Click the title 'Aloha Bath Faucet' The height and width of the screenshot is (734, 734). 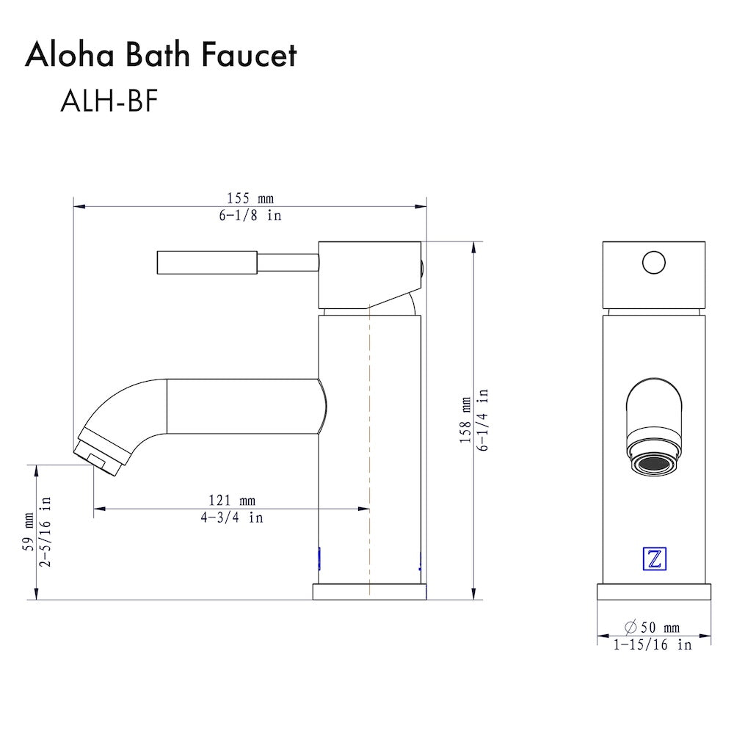coord(161,56)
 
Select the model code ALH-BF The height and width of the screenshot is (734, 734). coord(109,102)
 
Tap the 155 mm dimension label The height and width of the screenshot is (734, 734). coord(250,198)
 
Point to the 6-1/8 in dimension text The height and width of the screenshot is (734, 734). coord(250,216)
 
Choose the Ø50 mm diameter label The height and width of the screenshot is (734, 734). coord(652,628)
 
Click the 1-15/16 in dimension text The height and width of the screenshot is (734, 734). coord(653,645)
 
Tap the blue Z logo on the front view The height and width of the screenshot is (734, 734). coord(653,559)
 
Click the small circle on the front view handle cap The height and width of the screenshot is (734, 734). coord(653,262)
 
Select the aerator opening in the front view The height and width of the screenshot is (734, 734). coord(653,465)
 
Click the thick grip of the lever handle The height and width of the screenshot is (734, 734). coord(207,263)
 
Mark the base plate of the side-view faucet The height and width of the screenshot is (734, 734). coord(370,592)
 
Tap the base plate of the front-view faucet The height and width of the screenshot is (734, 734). coord(653,592)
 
